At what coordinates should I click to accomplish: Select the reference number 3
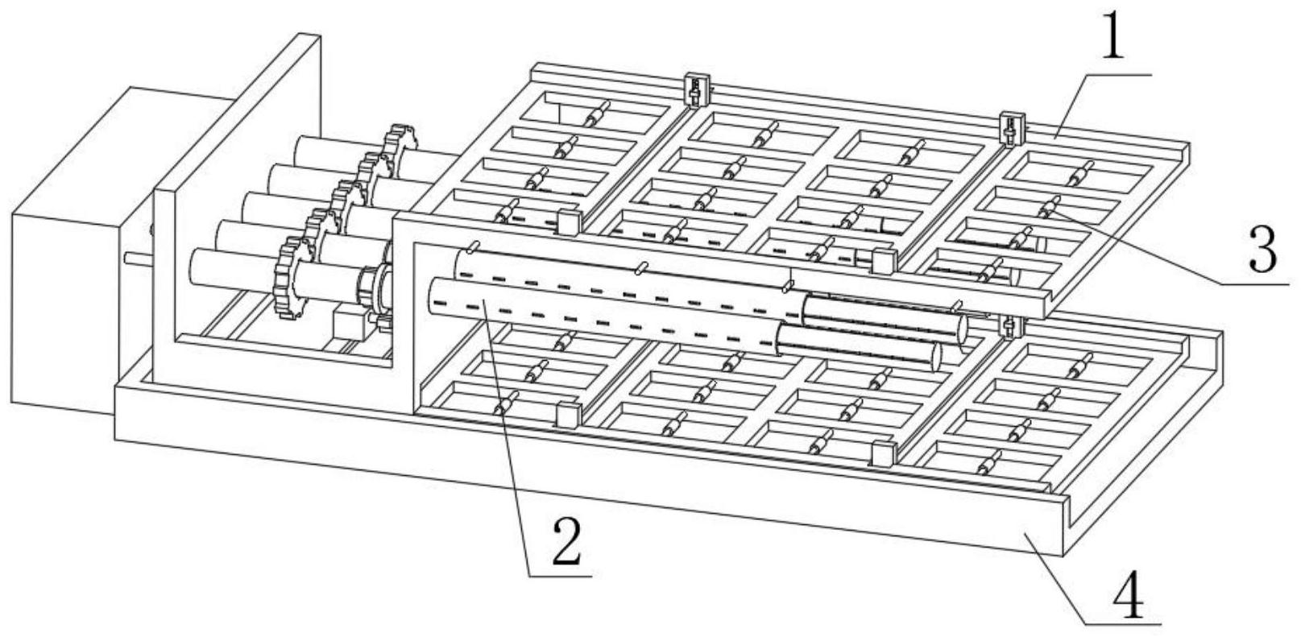pos(1262,251)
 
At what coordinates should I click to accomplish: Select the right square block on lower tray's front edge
pos(883,454)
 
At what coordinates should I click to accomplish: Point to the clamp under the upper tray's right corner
pos(1009,325)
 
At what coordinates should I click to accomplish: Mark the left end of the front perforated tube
pos(435,295)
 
